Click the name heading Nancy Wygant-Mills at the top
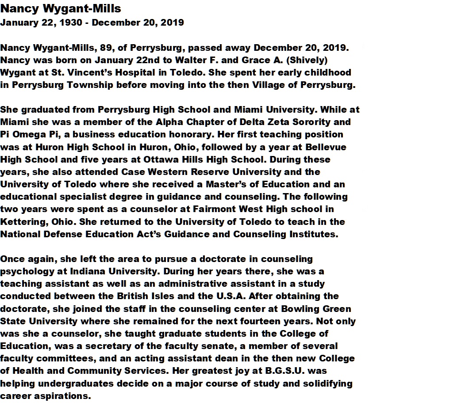(x=61, y=8)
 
